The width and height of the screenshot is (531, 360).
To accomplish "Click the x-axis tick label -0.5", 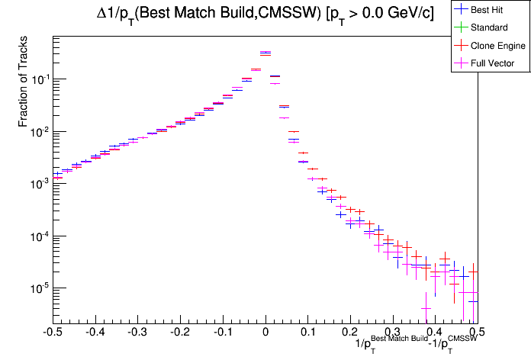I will pos(53,332).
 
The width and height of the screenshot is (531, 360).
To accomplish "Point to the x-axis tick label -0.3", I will pos(137,332).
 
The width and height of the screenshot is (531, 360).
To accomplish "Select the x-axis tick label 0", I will pos(265,332).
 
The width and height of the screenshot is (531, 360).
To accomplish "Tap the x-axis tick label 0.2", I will pos(350,332).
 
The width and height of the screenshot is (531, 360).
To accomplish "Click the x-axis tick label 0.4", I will pos(435,332).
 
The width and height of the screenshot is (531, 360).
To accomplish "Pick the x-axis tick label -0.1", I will pos(223,332).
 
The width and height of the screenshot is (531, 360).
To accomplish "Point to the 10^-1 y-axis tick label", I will pos(36,79).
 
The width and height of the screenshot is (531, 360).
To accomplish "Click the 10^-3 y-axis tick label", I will pos(36,184).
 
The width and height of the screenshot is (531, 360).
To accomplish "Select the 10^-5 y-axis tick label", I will pos(36,288).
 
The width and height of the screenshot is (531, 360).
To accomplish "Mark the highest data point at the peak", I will pos(265,53).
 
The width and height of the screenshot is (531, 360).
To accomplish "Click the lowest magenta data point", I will pos(426,308).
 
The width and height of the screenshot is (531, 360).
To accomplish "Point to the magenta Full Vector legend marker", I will pos(460,63).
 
